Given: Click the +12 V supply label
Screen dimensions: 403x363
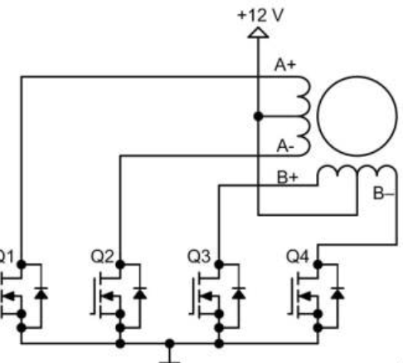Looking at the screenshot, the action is coord(260,15).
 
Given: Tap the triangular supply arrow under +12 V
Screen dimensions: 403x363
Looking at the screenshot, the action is coord(258,32).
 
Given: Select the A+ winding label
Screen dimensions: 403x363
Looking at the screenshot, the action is coord(285,65).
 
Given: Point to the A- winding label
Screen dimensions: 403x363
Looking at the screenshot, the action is coord(285,146).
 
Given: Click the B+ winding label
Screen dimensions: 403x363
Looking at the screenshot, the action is coord(288,178).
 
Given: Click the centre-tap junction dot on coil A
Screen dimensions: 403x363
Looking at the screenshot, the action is coord(258,116).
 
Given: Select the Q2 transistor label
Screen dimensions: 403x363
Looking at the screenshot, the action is coord(102,257).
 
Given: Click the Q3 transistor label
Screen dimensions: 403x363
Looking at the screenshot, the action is coord(199,257).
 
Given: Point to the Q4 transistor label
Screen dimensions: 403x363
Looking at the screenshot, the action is coord(298,257).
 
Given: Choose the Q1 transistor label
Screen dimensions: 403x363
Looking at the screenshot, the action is coord(6,257).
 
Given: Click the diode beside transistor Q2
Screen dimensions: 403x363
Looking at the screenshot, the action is coord(140,293).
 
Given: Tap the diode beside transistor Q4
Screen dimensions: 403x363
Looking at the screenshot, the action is coord(337,293).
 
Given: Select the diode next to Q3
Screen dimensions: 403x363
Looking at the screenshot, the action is coord(239,293).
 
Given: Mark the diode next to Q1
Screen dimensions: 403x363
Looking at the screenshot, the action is coord(41,293).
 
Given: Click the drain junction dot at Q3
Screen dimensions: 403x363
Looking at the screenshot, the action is coord(219,264).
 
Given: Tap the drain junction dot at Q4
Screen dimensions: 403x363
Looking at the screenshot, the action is coord(318,264).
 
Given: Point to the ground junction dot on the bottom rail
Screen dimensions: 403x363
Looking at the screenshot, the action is coord(169,344).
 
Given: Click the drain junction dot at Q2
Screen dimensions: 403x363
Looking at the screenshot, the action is coord(120,264).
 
